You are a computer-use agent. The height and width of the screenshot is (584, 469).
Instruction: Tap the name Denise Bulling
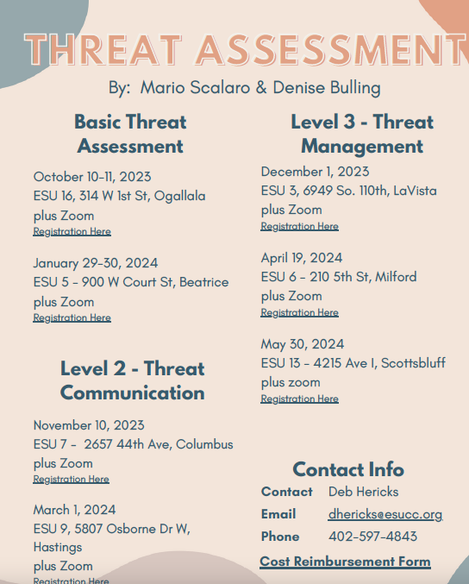pos(326,88)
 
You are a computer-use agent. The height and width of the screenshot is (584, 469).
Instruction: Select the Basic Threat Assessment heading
pos(130,134)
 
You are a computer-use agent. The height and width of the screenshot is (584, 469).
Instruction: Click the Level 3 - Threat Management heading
pos(362,134)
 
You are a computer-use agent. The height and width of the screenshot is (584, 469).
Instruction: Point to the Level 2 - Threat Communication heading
pos(132,380)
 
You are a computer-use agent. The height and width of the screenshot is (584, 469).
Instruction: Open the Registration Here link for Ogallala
pos(72,232)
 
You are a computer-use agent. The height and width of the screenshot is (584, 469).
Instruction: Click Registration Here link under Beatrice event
pos(72,318)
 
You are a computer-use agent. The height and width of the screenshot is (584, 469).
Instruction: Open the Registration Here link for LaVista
pos(299,227)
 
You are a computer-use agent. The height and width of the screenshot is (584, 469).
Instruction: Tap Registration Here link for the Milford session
pos(299,313)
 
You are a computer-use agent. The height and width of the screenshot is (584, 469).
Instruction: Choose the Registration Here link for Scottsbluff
pos(299,399)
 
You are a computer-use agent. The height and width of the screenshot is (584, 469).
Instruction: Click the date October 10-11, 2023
pos(92,177)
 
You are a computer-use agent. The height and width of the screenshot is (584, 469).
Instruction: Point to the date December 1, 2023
pos(315,172)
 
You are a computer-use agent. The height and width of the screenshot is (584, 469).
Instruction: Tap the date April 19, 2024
pos(302,258)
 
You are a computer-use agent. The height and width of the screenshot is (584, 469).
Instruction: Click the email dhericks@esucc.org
pos(385,514)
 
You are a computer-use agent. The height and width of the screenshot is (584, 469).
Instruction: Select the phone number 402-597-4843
pos(372,537)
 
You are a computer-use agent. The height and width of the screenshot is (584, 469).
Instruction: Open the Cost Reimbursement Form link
pos(345,562)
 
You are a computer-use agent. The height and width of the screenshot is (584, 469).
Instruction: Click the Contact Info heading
pos(348,470)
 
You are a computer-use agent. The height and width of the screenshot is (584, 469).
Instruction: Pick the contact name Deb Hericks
pos(363,492)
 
